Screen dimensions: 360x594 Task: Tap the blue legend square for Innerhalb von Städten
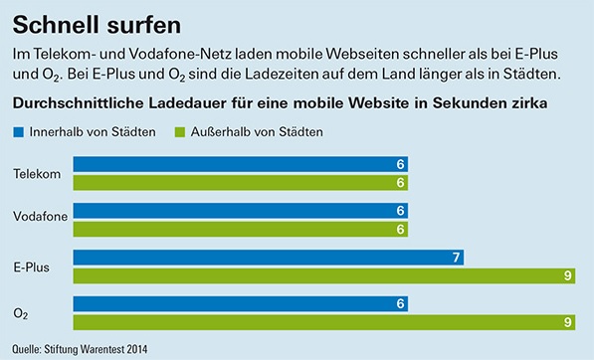[x=20, y=131]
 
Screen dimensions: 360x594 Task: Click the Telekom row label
[x=36, y=174]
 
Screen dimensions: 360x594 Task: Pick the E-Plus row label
[x=32, y=267]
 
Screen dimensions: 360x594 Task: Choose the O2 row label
[x=21, y=312]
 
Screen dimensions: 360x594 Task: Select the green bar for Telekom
[x=240, y=183]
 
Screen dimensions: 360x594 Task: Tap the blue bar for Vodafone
[x=240, y=211]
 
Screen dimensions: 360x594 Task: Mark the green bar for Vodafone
[x=240, y=229]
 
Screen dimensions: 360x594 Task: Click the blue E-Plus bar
[x=269, y=258]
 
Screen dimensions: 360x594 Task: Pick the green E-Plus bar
[x=323, y=275]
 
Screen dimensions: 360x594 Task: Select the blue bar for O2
[x=240, y=303]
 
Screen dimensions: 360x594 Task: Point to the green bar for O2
[x=323, y=321]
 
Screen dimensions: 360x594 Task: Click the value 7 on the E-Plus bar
[x=456, y=258]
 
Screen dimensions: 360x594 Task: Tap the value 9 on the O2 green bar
[x=567, y=321]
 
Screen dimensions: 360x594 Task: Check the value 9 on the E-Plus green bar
[x=567, y=275]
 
